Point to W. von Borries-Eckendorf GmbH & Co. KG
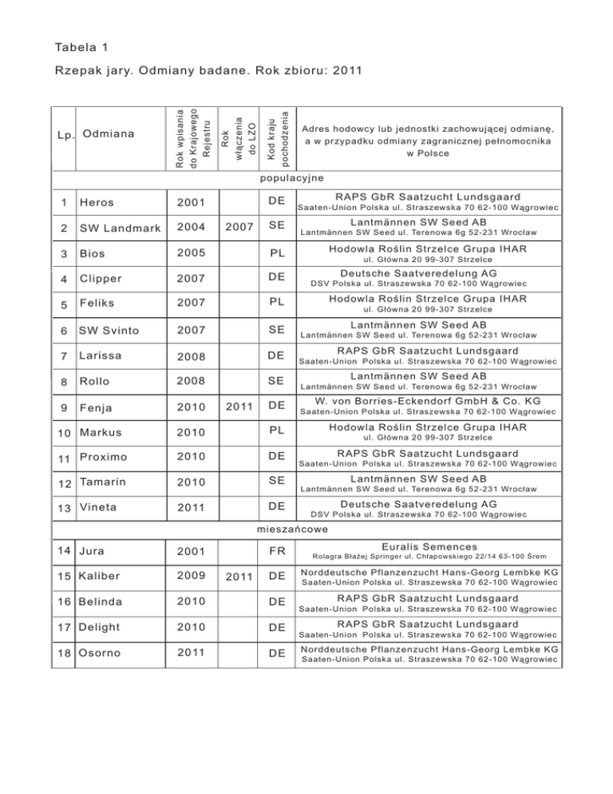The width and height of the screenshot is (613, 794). pyautogui.click(x=428, y=401)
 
